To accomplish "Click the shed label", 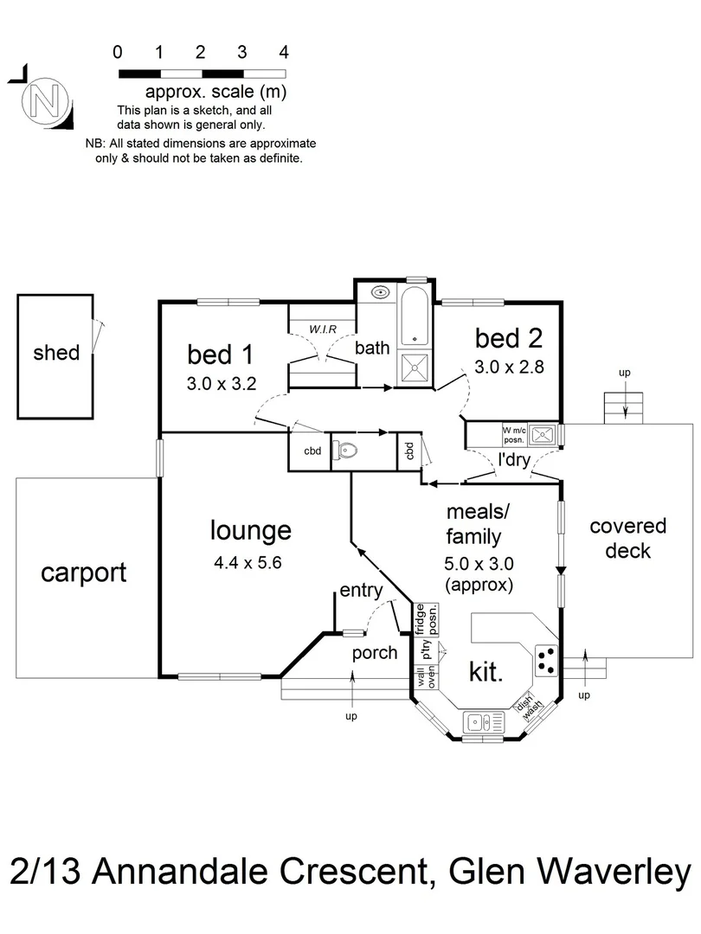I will click(56, 352).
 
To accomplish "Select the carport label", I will click(84, 573).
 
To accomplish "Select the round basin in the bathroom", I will click(380, 292).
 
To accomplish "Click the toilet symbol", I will click(347, 451).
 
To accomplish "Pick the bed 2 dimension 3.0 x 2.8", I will click(508, 367).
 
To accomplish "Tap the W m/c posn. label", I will click(512, 432).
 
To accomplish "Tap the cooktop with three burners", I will click(546, 660).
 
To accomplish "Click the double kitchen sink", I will click(478, 720).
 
